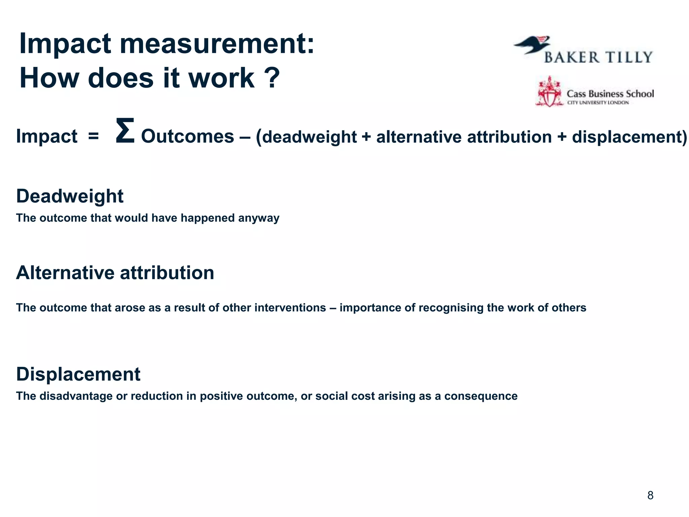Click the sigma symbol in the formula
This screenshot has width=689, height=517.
click(125, 131)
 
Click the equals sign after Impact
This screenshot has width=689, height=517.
click(93, 136)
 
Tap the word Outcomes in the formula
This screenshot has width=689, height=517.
click(187, 136)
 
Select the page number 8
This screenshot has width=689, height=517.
click(650, 495)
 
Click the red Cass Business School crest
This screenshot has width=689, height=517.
click(549, 92)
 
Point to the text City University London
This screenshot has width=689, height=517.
click(598, 103)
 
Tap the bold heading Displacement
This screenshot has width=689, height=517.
click(78, 374)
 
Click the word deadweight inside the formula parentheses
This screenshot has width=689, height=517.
click(309, 137)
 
